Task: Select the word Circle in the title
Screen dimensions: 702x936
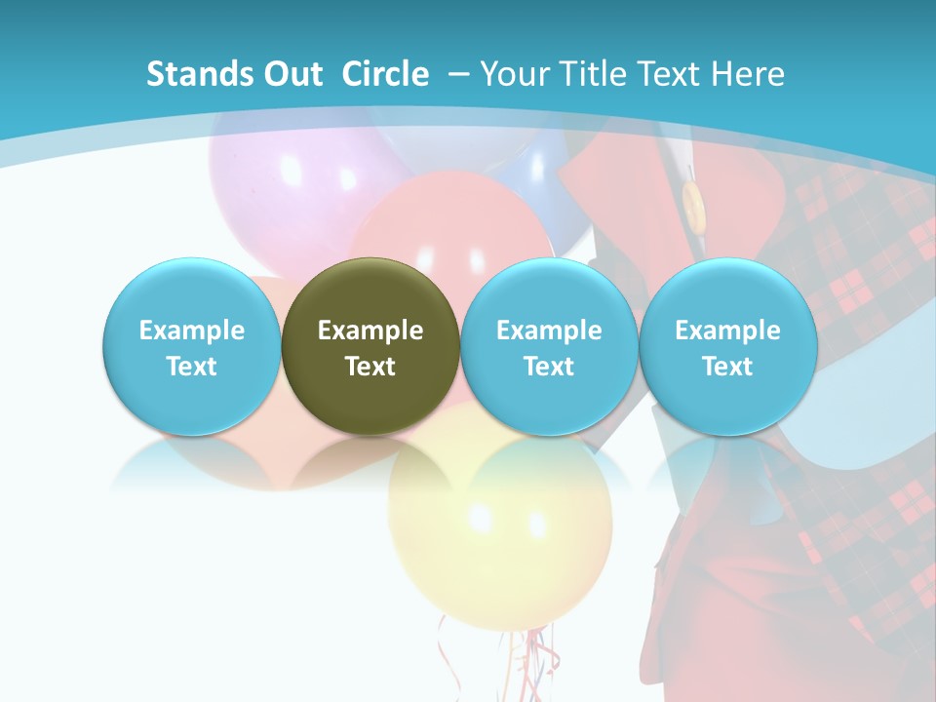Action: click(385, 74)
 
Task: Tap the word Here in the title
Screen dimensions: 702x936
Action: click(748, 74)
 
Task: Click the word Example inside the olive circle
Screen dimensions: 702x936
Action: click(370, 331)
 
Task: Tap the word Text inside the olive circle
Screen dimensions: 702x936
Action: click(370, 367)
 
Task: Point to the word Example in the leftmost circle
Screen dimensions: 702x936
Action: click(191, 331)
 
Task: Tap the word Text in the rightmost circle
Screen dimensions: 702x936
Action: click(727, 367)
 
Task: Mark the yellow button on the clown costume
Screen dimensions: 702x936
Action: click(693, 206)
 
